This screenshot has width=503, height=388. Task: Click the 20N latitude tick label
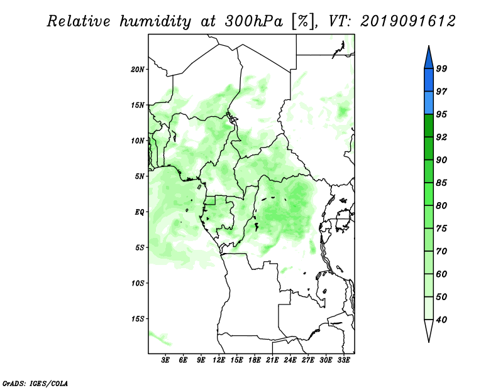point(138,69)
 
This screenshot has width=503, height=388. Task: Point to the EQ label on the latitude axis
point(140,212)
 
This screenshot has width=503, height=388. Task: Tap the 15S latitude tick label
point(138,319)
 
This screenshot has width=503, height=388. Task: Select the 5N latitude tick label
point(140,176)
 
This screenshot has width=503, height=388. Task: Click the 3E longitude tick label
point(165,360)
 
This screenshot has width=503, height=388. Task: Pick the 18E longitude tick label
point(255,360)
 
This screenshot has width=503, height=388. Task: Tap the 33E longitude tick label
point(343,360)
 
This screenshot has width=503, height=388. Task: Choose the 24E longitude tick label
point(290,360)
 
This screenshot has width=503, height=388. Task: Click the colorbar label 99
point(441,68)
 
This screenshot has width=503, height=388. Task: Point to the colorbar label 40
point(441,320)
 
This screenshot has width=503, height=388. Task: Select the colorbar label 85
point(441,183)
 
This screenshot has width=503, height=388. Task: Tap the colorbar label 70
point(441,251)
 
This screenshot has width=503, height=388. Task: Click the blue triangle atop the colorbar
point(429,59)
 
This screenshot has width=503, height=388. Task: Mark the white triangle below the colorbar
point(429,328)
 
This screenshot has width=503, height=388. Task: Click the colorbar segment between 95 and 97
point(429,103)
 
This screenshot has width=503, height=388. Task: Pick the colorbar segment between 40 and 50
point(429,308)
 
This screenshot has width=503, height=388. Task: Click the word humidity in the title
point(155,22)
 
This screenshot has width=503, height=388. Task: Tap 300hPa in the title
point(254,21)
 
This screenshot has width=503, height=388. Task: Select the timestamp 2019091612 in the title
point(407,21)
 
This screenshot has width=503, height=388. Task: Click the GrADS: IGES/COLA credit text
point(35,384)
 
